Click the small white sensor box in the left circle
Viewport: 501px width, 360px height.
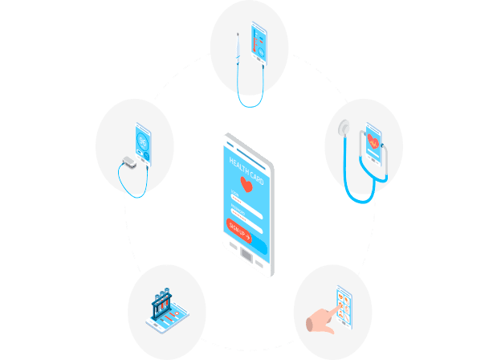[x=128, y=162]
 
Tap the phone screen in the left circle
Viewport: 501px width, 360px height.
[x=144, y=143]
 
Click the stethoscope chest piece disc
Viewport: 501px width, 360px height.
[x=344, y=129]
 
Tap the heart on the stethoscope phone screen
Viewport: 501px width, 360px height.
[x=373, y=141]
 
